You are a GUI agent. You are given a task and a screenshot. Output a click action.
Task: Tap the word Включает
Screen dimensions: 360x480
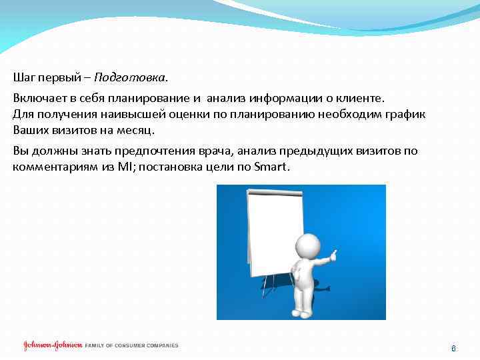[x=37, y=99]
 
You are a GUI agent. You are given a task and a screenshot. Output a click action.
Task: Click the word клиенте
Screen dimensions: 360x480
[x=365, y=99]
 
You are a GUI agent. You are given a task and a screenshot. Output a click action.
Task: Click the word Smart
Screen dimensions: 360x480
[x=273, y=166]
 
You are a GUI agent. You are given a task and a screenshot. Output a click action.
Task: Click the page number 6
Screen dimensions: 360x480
[x=453, y=349]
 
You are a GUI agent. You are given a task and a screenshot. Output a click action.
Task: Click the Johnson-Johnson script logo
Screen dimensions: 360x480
[x=53, y=345]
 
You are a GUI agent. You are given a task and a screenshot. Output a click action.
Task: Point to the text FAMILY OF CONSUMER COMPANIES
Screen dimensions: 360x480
[x=131, y=345]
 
